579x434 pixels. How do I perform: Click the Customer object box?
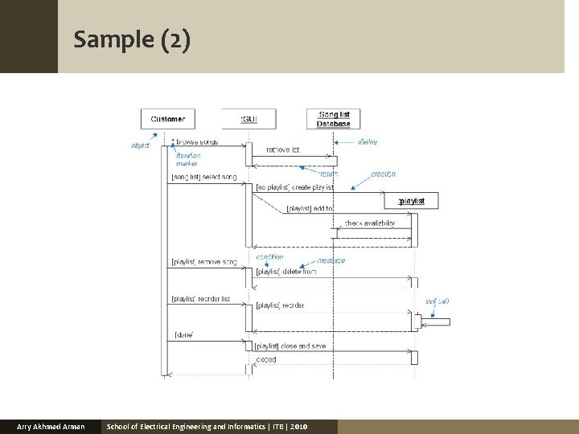click(x=167, y=119)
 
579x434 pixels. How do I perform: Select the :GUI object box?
click(x=249, y=119)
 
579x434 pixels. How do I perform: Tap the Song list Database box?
click(x=334, y=119)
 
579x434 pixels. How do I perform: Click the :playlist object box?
click(x=412, y=200)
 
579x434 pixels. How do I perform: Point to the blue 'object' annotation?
click(x=140, y=145)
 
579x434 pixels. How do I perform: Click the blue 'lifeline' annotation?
click(x=368, y=142)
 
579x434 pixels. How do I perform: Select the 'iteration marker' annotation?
click(x=187, y=159)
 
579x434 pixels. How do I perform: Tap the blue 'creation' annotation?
click(x=383, y=174)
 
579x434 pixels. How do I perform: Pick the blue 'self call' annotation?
click(x=437, y=301)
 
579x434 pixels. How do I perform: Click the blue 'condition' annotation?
click(x=269, y=257)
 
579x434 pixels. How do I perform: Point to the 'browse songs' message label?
click(x=197, y=142)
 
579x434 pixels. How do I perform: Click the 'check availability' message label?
click(x=369, y=223)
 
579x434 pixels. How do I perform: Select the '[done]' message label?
click(x=183, y=334)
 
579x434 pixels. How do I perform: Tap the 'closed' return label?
click(x=265, y=359)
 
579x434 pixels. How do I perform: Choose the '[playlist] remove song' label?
click(x=204, y=263)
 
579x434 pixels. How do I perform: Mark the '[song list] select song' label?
click(x=203, y=177)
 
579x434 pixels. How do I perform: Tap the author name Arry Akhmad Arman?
click(x=51, y=426)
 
